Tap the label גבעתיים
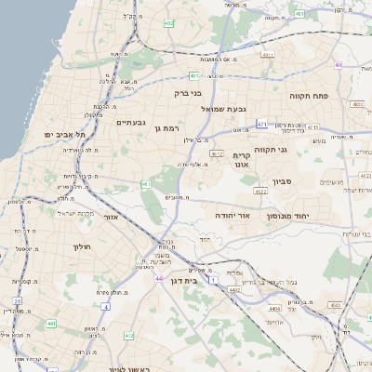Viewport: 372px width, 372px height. click(129, 122)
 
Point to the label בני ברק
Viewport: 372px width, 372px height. click(188, 93)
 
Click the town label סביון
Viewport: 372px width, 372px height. click(283, 181)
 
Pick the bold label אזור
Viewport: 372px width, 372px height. click(110, 216)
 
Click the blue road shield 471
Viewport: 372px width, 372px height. click(262, 124)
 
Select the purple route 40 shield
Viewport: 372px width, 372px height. click(339, 65)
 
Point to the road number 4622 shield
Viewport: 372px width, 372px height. click(260, 192)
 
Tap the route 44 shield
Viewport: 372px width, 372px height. click(159, 278)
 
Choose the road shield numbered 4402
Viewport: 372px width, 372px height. click(234, 290)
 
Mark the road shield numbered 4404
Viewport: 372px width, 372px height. click(273, 308)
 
